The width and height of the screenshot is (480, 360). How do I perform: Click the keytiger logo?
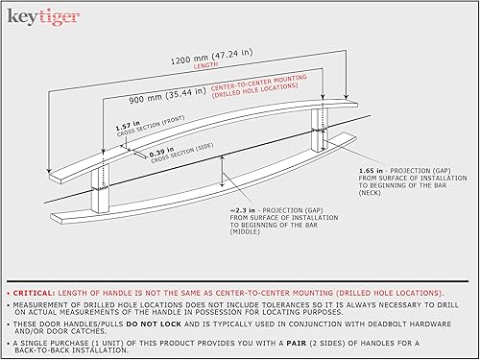41,16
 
